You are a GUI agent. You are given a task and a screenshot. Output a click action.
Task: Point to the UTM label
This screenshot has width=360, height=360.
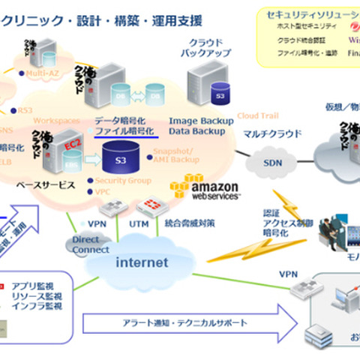pyautogui.click(x=138, y=224)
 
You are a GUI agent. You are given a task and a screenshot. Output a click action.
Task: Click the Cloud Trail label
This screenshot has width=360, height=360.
pyautogui.click(x=258, y=115)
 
